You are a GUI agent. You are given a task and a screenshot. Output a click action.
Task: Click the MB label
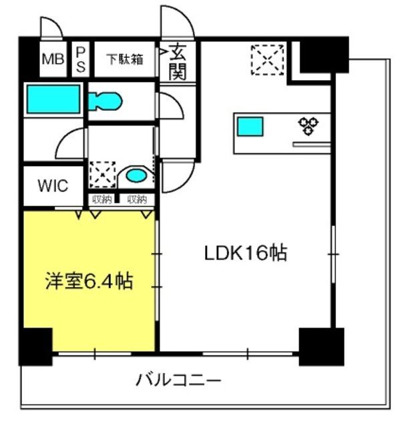pyautogui.click(x=53, y=59)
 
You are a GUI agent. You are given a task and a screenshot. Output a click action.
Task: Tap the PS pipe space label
pyautogui.click(x=81, y=59)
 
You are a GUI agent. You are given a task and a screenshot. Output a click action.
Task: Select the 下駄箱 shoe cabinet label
pyautogui.click(x=125, y=59)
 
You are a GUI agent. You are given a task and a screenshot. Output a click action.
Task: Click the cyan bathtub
pyautogui.click(x=53, y=99)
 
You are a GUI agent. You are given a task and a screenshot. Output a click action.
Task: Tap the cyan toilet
pyautogui.click(x=105, y=101)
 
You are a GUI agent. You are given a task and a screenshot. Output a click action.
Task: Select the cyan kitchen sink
pyautogui.click(x=250, y=126)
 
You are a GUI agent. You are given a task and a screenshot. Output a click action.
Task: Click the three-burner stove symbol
pyautogui.click(x=309, y=126)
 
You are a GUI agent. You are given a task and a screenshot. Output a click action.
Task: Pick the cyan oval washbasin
pyautogui.click(x=136, y=175)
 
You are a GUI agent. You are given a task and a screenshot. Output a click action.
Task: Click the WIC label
pyautogui.click(x=53, y=186)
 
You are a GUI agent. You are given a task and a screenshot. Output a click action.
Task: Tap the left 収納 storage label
pyautogui.click(x=102, y=199)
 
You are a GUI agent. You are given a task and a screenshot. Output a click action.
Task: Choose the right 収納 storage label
pyautogui.click(x=137, y=199)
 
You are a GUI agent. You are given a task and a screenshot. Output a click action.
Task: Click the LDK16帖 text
pyautogui.click(x=246, y=254)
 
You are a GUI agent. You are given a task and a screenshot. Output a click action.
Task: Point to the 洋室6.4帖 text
pyautogui.click(x=89, y=281)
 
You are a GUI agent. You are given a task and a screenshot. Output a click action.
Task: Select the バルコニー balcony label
pyautogui.click(x=178, y=380)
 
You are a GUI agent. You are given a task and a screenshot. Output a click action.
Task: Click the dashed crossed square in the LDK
pyautogui.click(x=267, y=60)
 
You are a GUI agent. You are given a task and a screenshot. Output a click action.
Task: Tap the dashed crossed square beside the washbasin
pyautogui.click(x=102, y=175)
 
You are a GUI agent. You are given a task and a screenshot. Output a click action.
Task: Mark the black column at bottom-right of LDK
pyautogui.click(x=321, y=347)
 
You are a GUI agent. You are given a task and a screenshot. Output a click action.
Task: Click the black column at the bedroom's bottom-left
pyautogui.click(x=35, y=347)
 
